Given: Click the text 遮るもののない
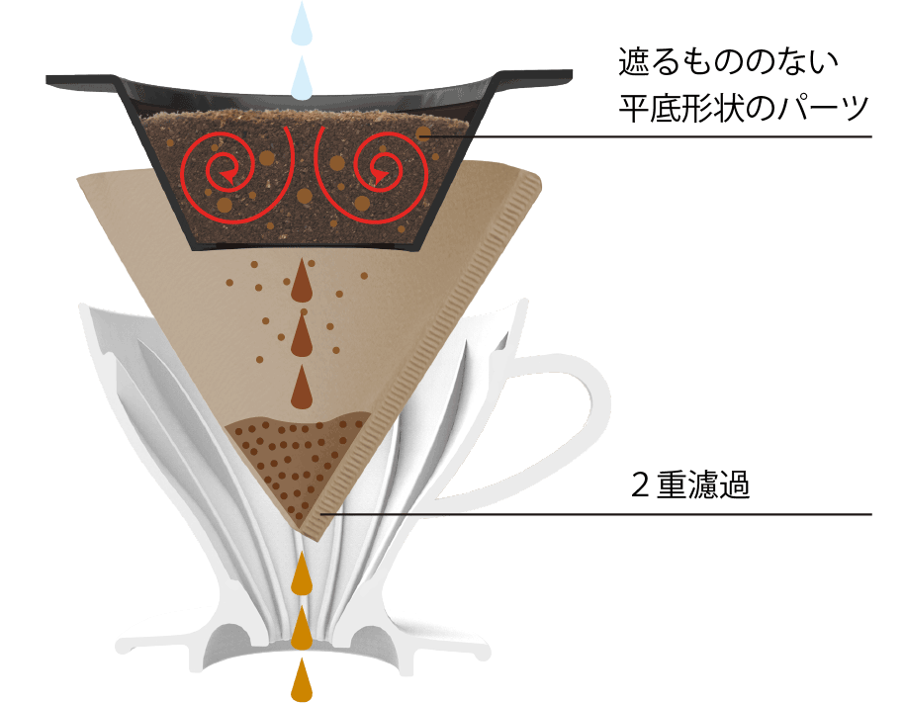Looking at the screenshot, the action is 728,62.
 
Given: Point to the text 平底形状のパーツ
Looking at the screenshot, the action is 744,108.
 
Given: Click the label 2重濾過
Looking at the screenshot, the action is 690,484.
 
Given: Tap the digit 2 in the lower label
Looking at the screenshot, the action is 640,485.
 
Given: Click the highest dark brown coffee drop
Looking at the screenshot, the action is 302,280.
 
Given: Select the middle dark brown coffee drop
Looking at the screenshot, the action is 302,333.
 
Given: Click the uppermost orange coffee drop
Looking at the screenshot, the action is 302,572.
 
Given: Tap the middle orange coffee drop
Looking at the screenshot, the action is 302,626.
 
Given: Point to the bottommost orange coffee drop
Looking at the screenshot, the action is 302,680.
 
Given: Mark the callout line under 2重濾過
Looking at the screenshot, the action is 596,514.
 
